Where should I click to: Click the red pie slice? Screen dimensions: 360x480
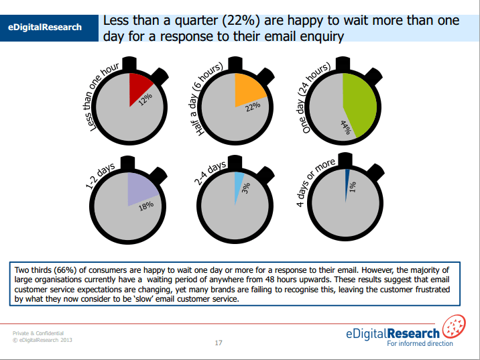coord(140,86)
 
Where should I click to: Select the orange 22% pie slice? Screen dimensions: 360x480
coord(249,88)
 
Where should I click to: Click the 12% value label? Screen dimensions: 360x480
coord(145,99)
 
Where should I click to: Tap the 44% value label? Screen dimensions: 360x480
coord(346,127)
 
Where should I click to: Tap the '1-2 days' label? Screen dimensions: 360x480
coord(101,176)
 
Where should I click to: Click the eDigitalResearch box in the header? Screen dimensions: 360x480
coord(45,27)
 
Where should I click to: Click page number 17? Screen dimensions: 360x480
coord(219,343)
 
